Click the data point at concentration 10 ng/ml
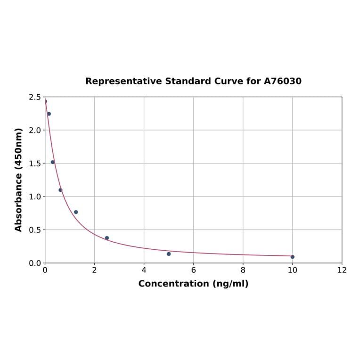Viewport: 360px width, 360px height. pos(293,257)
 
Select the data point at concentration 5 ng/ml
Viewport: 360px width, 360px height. pos(169,254)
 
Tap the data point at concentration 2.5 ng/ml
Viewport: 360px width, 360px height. pos(107,238)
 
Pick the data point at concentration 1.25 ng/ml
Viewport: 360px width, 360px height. pos(76,212)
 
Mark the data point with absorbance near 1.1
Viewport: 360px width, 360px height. pos(60,190)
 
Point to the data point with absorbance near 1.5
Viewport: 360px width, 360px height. pos(53,162)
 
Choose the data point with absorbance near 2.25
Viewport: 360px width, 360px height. pos(49,114)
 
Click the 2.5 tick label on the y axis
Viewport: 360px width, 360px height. pos(34,97)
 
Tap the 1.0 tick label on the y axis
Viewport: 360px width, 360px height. pos(34,196)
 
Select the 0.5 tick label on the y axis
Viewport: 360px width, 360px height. pos(34,230)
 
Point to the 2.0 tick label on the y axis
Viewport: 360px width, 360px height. pos(34,130)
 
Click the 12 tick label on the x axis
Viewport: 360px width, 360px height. pos(342,270)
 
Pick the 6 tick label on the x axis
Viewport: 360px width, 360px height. pos(194,270)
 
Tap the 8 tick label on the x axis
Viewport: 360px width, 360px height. pos(243,270)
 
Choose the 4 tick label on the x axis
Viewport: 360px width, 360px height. pos(144,270)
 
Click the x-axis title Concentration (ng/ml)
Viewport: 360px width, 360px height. pos(193,284)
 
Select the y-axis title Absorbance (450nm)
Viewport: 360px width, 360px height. pos(19,180)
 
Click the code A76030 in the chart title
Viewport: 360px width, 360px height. pos(282,81)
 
